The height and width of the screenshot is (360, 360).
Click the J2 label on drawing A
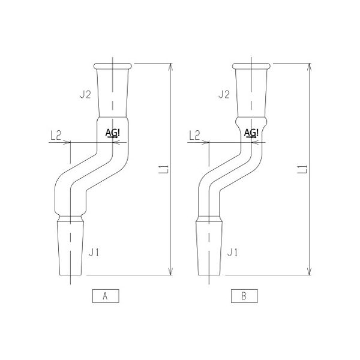pyautogui.click(x=85, y=94)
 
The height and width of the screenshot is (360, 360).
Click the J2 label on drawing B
pyautogui.click(x=224, y=94)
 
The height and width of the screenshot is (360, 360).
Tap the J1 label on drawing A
pyautogui.click(x=94, y=253)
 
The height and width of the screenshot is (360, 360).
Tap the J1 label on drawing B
pyautogui.click(x=232, y=253)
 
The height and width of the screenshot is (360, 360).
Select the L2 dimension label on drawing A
pyautogui.click(x=56, y=135)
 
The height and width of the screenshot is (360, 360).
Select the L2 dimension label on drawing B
pyautogui.click(x=194, y=135)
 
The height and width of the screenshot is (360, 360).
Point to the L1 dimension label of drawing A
pyautogui.click(x=164, y=169)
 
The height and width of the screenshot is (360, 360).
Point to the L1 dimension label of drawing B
pyautogui.click(x=302, y=169)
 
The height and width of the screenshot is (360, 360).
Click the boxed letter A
pyautogui.click(x=106, y=296)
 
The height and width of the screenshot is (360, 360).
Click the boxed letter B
pyautogui.click(x=244, y=296)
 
